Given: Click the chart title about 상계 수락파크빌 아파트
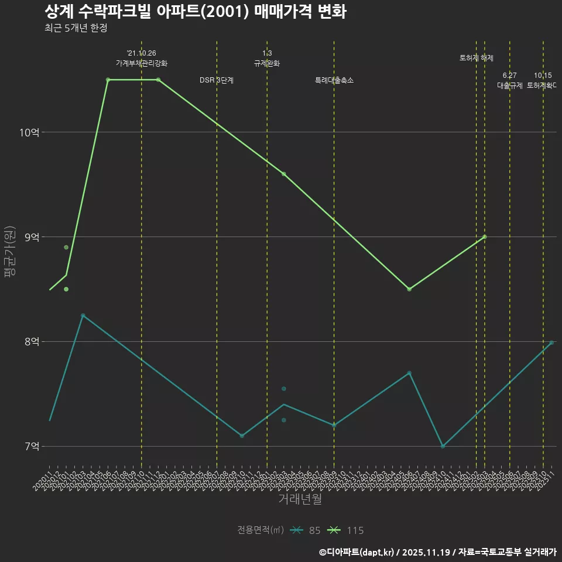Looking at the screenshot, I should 195,12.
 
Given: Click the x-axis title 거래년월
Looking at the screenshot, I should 300,499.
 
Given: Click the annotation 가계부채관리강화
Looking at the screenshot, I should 142,63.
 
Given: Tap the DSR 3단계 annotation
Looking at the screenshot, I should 217,80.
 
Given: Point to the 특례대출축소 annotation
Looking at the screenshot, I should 334,80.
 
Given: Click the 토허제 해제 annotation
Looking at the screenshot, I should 477,58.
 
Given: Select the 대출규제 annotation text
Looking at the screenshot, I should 509,85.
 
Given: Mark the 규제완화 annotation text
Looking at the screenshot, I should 267,63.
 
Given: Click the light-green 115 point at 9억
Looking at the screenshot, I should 485,237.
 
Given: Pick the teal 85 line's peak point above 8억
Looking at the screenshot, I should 83,316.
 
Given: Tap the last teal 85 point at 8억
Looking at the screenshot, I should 551,342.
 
